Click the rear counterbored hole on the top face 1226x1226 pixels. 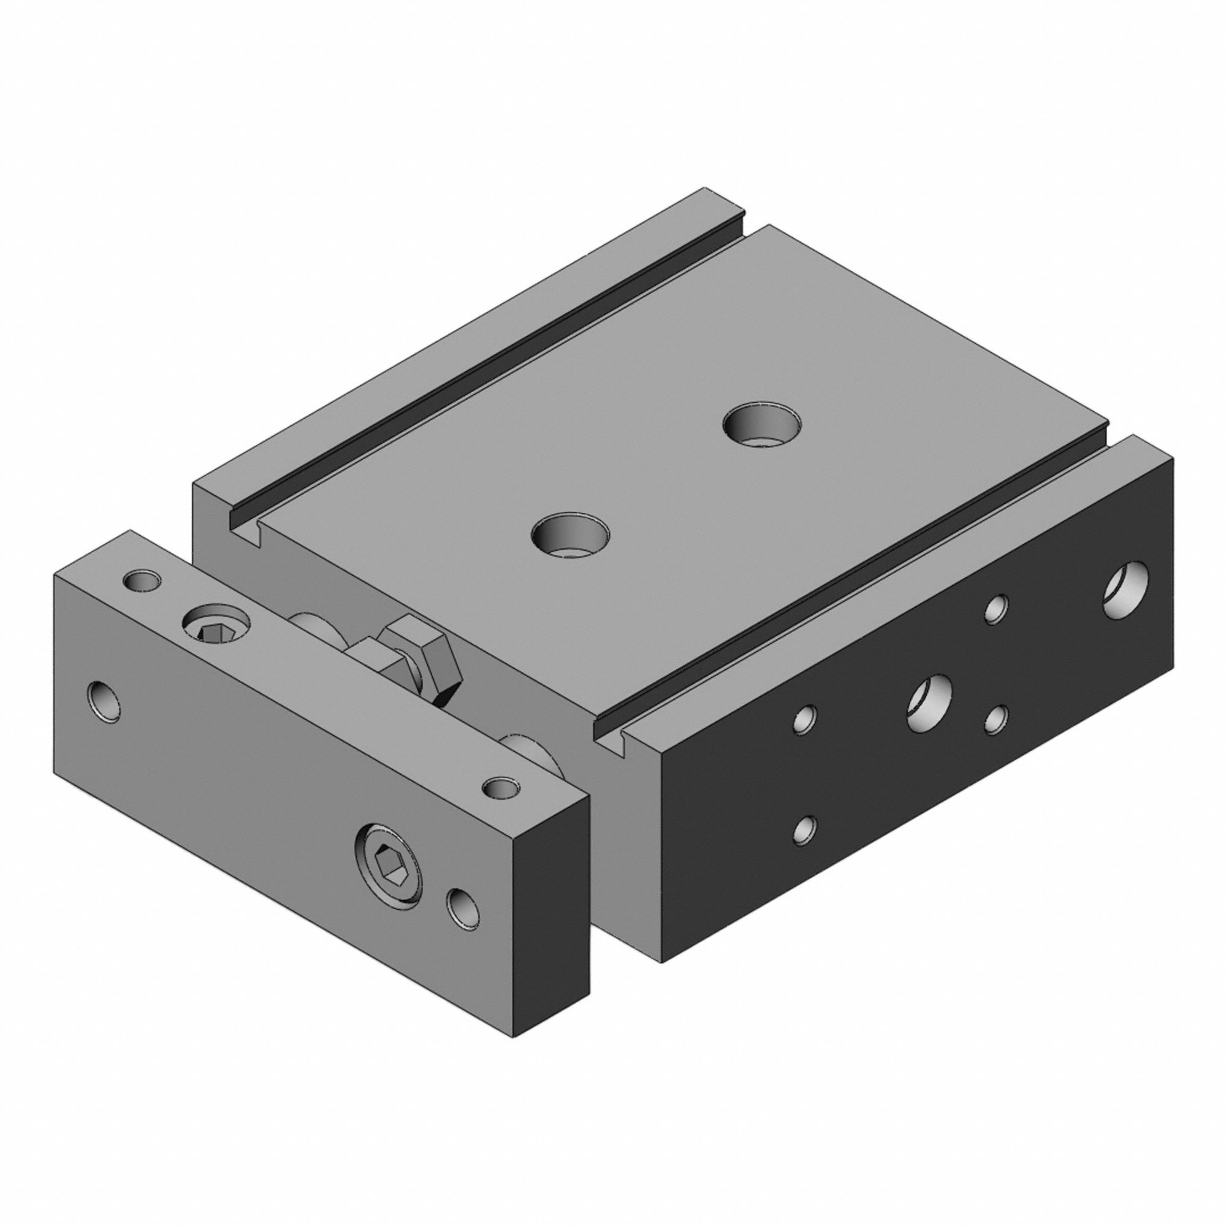point(762,425)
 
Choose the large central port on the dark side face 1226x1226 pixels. point(930,702)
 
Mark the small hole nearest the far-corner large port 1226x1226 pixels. point(996,609)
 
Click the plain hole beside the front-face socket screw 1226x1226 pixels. point(463,907)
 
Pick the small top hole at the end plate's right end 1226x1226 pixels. point(501,788)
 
